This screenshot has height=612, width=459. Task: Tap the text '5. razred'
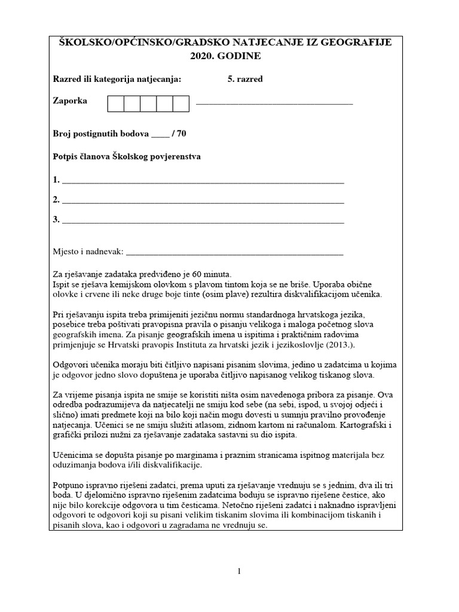coord(244,79)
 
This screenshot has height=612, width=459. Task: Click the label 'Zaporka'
coord(70,101)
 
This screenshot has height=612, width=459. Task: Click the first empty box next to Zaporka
coord(116,103)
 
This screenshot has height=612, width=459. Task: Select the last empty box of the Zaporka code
coord(181,103)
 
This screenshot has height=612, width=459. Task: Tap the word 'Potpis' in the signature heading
coord(66,157)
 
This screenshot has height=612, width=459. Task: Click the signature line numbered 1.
coord(203,180)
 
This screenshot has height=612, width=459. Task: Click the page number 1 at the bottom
coord(239,571)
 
